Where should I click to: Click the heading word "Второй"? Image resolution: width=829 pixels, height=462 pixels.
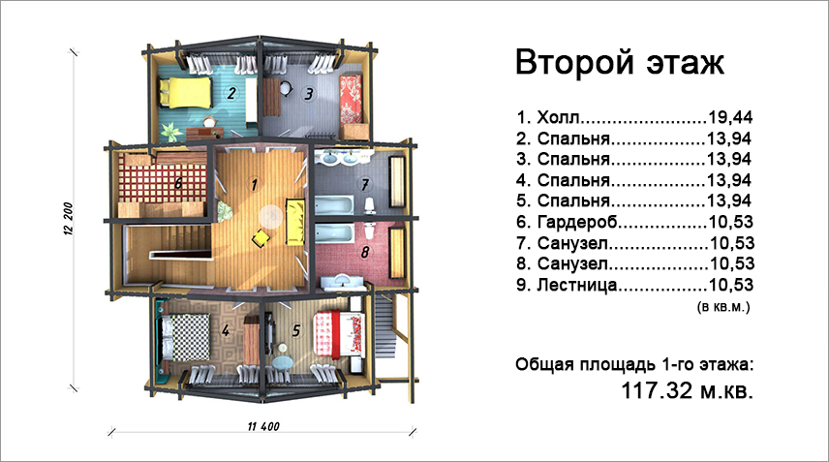(x=574, y=62)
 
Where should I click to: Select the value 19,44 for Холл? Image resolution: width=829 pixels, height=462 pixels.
(x=729, y=117)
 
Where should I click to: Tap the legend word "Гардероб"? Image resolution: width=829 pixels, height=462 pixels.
(x=577, y=223)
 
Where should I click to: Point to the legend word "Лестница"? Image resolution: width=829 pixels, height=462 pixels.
(x=577, y=285)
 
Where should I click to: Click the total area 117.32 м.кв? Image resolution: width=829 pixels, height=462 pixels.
(x=687, y=391)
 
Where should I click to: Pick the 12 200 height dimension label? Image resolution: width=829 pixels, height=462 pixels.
(x=69, y=218)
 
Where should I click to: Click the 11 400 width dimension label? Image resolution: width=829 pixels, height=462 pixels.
(x=263, y=426)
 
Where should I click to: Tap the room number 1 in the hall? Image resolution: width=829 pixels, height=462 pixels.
(x=255, y=184)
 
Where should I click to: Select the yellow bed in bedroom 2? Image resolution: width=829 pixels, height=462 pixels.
(x=185, y=92)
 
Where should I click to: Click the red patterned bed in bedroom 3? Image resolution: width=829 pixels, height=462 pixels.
(x=351, y=99)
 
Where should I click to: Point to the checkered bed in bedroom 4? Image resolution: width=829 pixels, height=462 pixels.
(x=183, y=337)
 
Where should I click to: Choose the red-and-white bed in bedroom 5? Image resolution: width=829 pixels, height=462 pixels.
(x=339, y=333)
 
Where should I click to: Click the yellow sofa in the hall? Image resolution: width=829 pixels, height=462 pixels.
(x=294, y=222)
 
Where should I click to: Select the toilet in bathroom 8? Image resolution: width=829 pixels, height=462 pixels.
(x=370, y=231)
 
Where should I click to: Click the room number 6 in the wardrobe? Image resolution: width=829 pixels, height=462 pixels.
(x=178, y=183)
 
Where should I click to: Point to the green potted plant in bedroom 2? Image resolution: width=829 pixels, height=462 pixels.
(x=169, y=131)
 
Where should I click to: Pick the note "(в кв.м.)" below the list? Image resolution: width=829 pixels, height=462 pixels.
(x=723, y=307)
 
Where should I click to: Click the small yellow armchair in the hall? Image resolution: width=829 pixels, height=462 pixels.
(x=261, y=238)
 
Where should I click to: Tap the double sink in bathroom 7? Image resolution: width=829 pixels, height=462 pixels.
(x=338, y=157)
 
